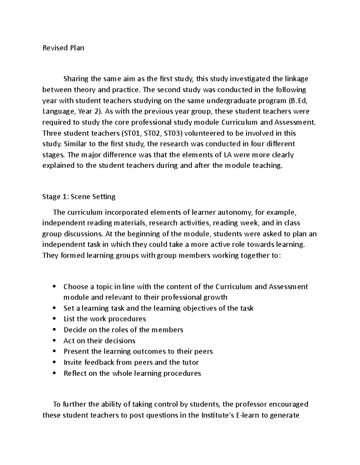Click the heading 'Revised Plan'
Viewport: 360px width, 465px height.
pyautogui.click(x=63, y=48)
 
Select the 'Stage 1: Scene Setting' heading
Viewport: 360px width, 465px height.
pyautogui.click(x=79, y=197)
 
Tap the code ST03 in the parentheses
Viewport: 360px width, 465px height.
pyautogui.click(x=172, y=133)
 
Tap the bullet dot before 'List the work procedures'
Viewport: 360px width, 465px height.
pyautogui.click(x=54, y=319)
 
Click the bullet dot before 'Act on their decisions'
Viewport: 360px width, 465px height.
pyautogui.click(x=54, y=341)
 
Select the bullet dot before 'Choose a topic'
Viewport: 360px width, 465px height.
pyautogui.click(x=54, y=287)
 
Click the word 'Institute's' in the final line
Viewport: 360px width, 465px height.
pyautogui.click(x=217, y=415)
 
